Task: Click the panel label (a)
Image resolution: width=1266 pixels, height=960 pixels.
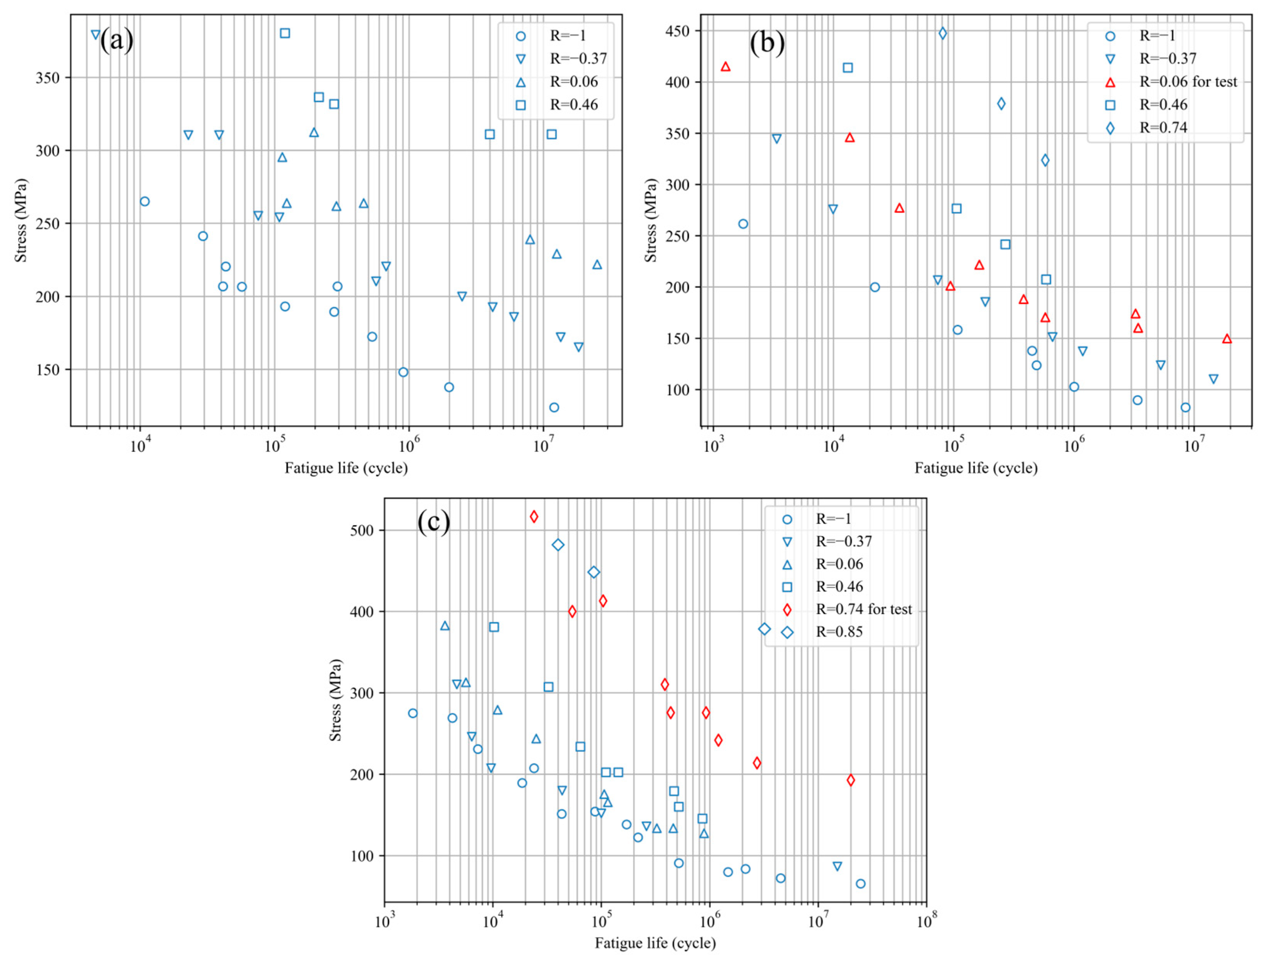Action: point(116,41)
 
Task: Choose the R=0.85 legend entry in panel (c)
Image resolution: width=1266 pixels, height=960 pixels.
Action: point(839,632)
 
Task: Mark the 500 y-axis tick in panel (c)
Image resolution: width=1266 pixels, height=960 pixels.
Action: point(361,531)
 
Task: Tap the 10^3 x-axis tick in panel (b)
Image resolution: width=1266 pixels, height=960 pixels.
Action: point(711,445)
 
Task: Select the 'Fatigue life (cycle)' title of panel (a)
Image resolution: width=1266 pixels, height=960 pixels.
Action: point(346,468)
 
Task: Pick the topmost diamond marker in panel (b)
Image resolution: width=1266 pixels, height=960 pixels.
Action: point(943,33)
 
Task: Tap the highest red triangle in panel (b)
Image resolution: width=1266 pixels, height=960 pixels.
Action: point(726,66)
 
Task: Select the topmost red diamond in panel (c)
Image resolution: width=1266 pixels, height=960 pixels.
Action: point(534,516)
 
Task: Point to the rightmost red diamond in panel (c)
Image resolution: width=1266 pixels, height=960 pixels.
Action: point(850,780)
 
